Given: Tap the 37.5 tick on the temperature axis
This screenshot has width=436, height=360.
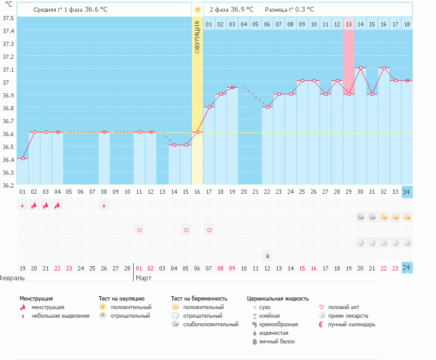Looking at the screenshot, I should click(x=8, y=18).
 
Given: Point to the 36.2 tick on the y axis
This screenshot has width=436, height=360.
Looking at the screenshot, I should click(x=8, y=185).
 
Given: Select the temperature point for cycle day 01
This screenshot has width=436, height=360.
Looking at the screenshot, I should click(x=22, y=158).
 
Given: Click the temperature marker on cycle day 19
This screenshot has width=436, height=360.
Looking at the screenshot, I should click(x=232, y=88).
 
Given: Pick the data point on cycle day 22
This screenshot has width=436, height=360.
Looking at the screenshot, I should click(x=267, y=107).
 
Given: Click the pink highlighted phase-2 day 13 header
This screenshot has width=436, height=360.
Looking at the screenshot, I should click(x=348, y=24).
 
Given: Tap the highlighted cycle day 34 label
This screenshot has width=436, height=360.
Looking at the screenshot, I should click(x=407, y=192).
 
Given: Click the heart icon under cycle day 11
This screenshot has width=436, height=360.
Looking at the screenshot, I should click(x=139, y=230).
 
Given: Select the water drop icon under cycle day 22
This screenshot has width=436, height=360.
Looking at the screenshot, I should click(x=267, y=255).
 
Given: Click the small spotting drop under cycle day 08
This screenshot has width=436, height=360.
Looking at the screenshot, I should click(x=104, y=205).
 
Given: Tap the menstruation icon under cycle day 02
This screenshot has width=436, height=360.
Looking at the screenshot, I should click(x=34, y=205).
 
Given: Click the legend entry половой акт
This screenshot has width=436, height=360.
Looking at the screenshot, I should click(x=343, y=307).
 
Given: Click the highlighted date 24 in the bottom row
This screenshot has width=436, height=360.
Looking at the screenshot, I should click(x=407, y=268).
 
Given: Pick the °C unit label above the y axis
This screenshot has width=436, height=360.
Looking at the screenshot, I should click(x=8, y=4).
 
